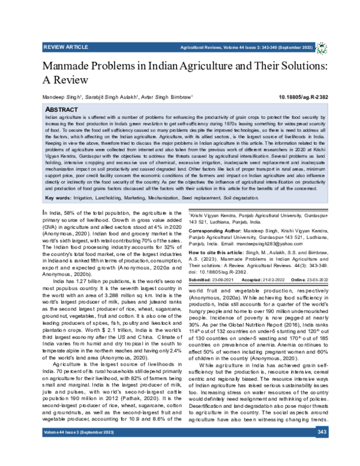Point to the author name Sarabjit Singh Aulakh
(x=113, y=96)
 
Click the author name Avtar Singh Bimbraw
(x=169, y=96)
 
